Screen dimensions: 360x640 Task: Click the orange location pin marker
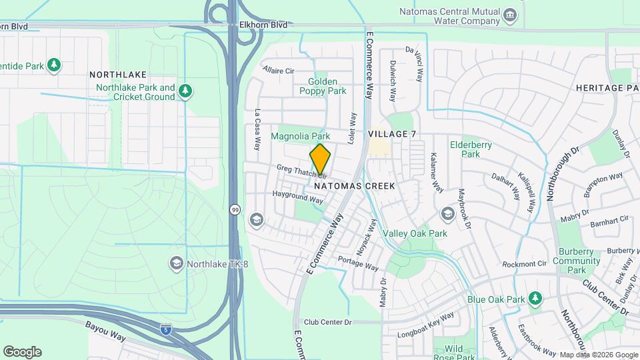click(320, 159)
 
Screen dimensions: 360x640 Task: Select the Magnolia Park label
click(301, 136)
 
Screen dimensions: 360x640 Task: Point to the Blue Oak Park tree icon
click(534, 297)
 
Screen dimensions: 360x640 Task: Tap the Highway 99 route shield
click(235, 209)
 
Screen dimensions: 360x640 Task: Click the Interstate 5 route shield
click(166, 329)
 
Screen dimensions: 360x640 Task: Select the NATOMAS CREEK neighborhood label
click(361, 186)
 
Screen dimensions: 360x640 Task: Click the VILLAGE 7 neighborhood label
click(392, 134)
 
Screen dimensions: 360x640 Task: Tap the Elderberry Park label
click(465, 149)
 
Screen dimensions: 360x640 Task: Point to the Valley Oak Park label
click(415, 233)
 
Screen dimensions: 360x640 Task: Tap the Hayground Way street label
click(297, 197)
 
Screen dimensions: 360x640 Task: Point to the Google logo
click(22, 351)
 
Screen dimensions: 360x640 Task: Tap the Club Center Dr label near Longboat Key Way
click(327, 322)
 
